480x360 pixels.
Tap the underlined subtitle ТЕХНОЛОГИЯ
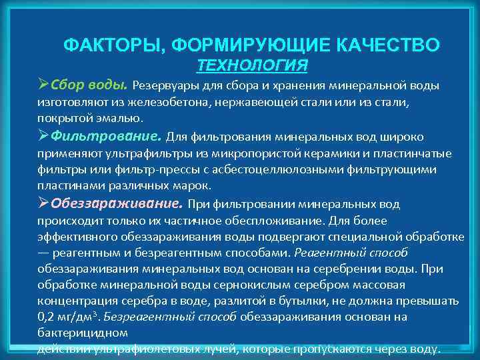point(253,65)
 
